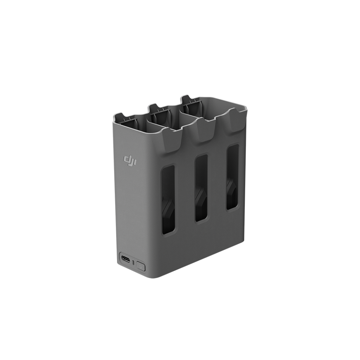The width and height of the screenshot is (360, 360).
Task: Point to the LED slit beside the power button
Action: (133, 262)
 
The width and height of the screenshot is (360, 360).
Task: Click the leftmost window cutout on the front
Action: (168, 199)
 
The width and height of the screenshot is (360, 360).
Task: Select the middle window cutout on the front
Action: (201, 188)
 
